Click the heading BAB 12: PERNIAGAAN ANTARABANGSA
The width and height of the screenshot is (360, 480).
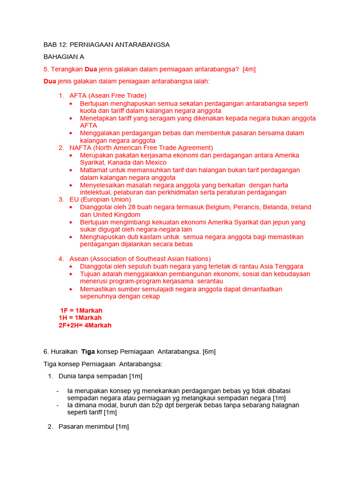point(106,45)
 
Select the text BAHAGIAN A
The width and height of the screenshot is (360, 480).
point(64,57)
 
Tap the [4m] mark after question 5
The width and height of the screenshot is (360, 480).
point(249,69)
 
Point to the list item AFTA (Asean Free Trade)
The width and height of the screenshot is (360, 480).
point(108,96)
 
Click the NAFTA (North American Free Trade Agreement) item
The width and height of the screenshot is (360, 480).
point(141,148)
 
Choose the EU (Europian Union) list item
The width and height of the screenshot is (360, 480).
point(100,200)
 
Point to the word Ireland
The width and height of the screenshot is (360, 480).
point(301,207)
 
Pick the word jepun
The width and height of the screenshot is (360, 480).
point(283,222)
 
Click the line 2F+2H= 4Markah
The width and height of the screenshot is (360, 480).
point(85,325)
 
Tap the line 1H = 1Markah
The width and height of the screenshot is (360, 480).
point(80,318)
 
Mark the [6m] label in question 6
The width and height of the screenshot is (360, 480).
point(208,352)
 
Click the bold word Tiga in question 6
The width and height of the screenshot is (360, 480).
point(89,352)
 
